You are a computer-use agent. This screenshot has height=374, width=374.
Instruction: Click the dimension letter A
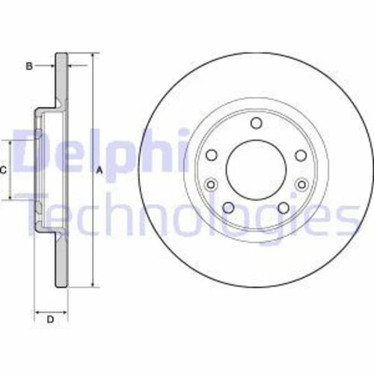[x=99, y=171]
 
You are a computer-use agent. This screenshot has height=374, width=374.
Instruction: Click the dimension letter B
[x=29, y=66]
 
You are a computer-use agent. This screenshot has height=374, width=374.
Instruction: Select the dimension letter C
[x=4, y=171]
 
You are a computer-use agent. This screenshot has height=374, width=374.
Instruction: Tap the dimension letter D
[x=50, y=320]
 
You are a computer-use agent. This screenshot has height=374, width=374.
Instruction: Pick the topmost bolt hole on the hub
[x=256, y=123]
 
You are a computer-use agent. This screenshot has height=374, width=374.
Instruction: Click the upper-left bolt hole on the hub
[x=212, y=155]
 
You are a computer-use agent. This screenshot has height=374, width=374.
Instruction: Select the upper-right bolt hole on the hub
[x=300, y=155]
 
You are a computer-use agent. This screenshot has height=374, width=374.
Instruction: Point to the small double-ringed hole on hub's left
[x=210, y=183]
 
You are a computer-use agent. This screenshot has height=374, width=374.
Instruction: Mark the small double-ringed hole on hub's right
[x=302, y=183]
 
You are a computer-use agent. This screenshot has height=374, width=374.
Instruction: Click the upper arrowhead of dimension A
[x=92, y=56]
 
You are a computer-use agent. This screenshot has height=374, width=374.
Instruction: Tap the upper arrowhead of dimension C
[x=10, y=143]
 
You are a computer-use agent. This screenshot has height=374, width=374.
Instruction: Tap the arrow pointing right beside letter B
[x=49, y=66]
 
